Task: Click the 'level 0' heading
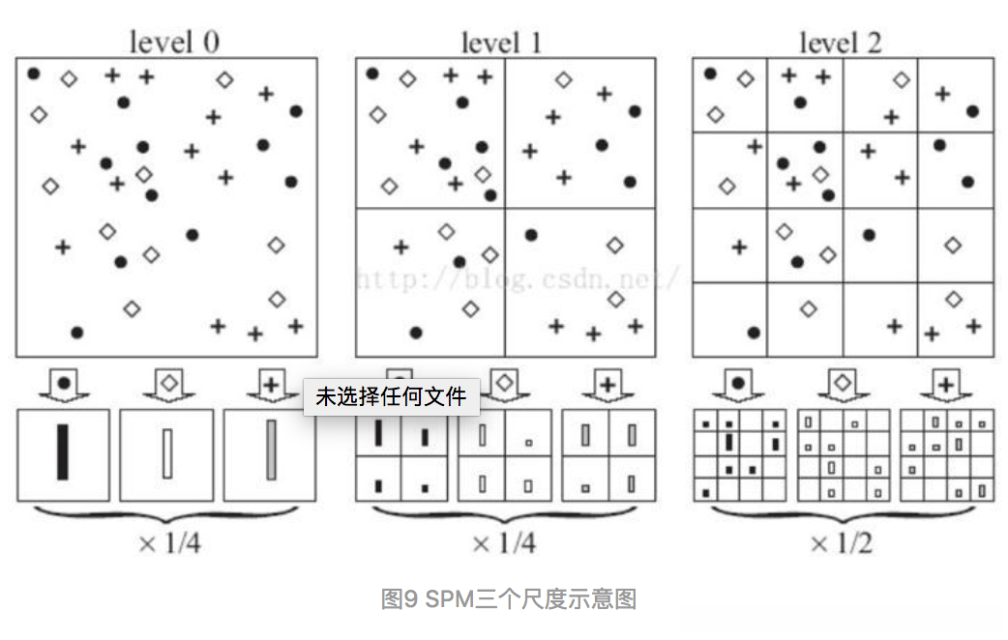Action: [174, 42]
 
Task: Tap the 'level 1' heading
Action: [501, 42]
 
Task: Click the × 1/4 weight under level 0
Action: [170, 542]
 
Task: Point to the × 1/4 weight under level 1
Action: [503, 542]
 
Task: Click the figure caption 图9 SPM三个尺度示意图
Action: [508, 599]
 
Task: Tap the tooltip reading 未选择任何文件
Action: [391, 396]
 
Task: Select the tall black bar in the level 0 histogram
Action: [63, 451]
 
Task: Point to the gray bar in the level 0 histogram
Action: [272, 450]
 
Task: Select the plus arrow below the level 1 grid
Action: [608, 386]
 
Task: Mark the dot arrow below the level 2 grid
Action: [739, 385]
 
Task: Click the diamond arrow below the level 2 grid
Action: [843, 385]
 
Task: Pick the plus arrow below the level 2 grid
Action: [946, 386]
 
